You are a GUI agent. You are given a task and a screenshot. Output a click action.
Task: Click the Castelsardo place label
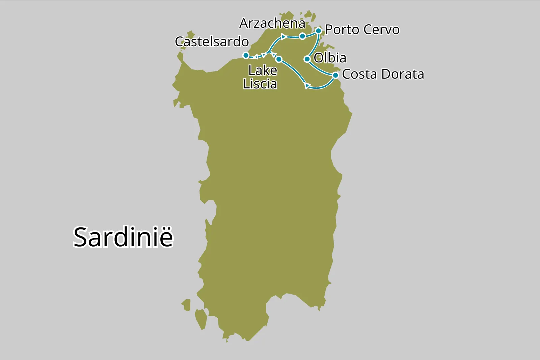coord(212,42)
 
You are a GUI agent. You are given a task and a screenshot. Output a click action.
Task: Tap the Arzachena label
coord(272,23)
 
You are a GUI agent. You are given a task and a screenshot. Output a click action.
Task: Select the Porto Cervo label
coord(362,30)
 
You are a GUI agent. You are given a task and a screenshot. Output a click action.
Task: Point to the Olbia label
coord(330,58)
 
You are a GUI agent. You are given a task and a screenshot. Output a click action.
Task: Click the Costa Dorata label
coord(383,74)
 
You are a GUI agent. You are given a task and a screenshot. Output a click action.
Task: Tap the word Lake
coord(263,71)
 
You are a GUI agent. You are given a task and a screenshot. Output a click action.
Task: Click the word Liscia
coord(260,84)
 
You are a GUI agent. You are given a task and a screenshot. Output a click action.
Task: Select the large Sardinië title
coord(123,237)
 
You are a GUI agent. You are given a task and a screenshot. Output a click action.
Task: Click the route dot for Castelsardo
coord(246,55)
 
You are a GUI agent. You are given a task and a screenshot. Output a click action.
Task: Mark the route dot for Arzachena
coord(302,36)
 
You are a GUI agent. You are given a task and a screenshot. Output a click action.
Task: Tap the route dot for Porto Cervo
coord(318,31)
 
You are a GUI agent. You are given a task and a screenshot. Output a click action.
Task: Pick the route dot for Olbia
coord(307,59)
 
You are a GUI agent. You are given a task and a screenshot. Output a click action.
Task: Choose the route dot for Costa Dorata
coord(335,75)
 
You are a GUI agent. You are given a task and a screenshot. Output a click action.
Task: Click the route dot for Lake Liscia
coord(279,59)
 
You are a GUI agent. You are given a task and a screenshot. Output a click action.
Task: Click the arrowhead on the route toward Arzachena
coord(283,36)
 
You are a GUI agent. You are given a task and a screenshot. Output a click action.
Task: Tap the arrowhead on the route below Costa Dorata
coord(307,86)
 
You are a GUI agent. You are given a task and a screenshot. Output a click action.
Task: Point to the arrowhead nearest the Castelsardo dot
coord(256,56)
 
